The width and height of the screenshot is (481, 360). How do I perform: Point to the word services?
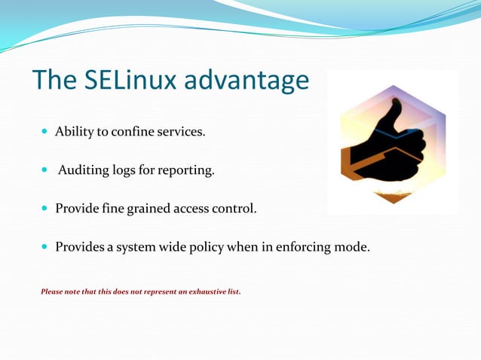[180, 133]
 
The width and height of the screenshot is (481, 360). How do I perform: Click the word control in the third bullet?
[234, 209]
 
